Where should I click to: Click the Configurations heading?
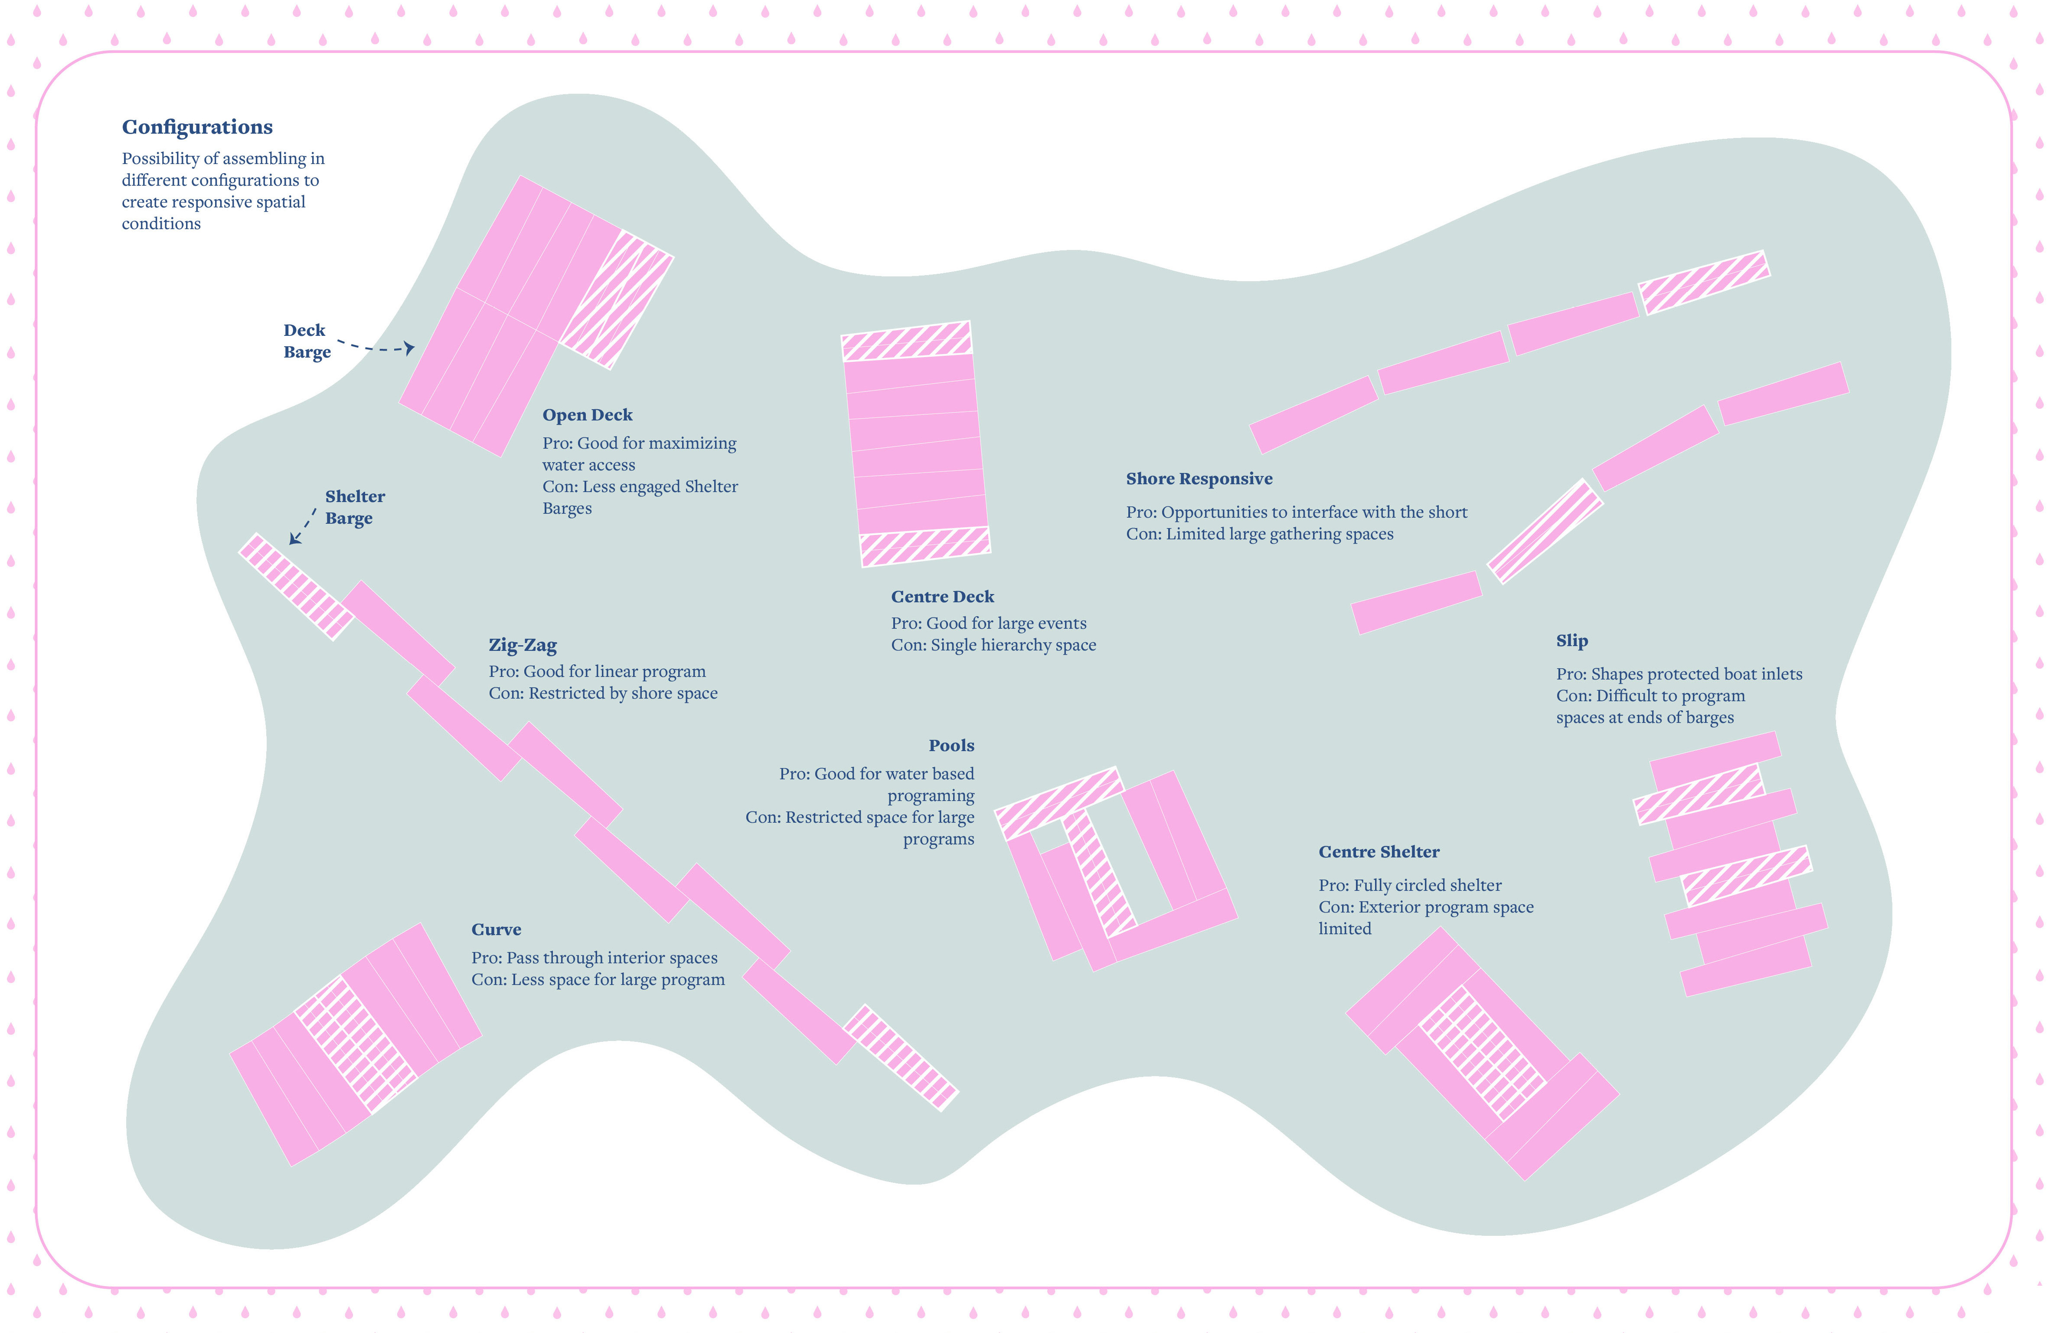click(x=197, y=127)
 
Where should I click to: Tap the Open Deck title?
click(x=587, y=415)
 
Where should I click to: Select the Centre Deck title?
click(x=943, y=597)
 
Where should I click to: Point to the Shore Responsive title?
click(x=1199, y=479)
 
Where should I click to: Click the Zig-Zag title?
click(x=522, y=645)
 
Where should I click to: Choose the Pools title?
click(x=951, y=745)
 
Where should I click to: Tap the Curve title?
click(x=497, y=930)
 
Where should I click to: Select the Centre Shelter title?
click(x=1379, y=852)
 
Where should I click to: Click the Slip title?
click(x=1571, y=641)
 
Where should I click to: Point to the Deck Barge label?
click(x=306, y=341)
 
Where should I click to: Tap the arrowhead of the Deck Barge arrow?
click(x=410, y=348)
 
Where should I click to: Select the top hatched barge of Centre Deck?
click(x=906, y=341)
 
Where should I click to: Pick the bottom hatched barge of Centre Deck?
click(x=924, y=547)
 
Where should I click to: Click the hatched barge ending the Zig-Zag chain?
click(x=900, y=1057)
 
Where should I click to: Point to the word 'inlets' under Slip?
click(x=1778, y=674)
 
